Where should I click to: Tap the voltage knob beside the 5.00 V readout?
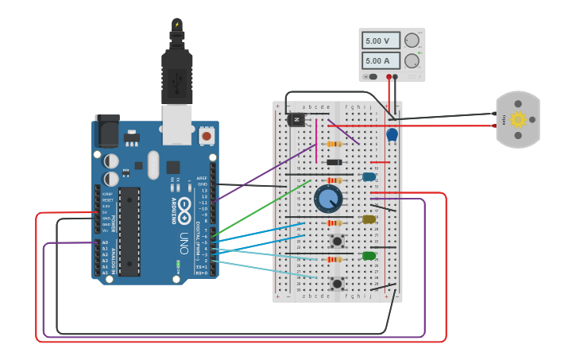[x=412, y=41]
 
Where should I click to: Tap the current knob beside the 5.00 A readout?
[x=412, y=60]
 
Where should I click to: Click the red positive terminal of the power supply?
[x=389, y=77]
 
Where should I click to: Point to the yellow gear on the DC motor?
[x=518, y=120]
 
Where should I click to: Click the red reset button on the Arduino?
[x=207, y=136]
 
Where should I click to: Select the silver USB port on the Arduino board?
[x=177, y=124]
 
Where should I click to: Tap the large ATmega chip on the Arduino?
[x=130, y=230]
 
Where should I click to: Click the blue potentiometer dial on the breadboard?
[x=328, y=199]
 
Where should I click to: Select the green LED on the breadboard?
[x=369, y=255]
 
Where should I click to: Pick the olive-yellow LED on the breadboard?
[x=369, y=219]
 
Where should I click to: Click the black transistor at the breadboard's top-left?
[x=296, y=119]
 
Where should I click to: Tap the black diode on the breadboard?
[x=334, y=162]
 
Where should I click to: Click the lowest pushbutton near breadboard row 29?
[x=337, y=283]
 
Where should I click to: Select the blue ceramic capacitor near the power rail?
[x=392, y=135]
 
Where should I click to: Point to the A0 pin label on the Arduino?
[x=105, y=242]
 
